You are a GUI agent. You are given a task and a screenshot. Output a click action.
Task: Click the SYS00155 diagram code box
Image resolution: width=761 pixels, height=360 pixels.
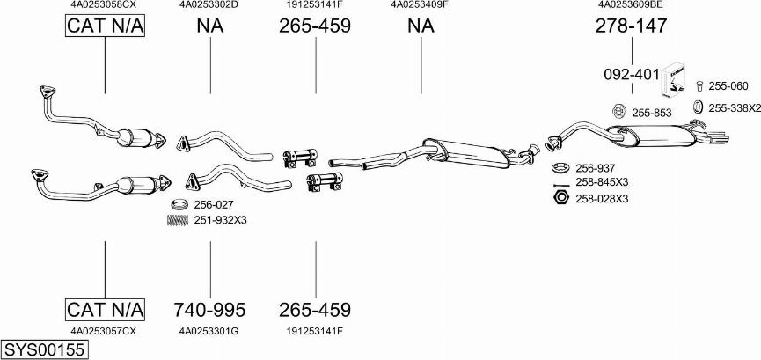tap(45, 349)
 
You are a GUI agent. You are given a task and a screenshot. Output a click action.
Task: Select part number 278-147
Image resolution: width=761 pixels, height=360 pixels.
tap(632, 26)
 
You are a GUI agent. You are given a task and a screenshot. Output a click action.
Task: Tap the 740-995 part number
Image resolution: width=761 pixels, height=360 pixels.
tap(209, 310)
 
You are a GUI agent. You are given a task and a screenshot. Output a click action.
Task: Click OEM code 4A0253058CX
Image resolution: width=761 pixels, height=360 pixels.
tap(104, 5)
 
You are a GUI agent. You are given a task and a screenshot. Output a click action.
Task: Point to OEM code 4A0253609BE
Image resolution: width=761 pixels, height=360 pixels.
tap(631, 5)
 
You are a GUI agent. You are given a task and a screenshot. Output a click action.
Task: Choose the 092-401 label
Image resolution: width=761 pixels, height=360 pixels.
tap(632, 74)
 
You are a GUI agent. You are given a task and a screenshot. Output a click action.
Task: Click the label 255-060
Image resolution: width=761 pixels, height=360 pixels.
tap(728, 86)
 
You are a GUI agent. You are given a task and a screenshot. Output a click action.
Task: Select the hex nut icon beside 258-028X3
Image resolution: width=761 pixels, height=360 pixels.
tap(561, 198)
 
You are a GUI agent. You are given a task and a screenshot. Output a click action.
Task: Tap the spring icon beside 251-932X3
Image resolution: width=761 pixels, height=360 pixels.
tap(178, 220)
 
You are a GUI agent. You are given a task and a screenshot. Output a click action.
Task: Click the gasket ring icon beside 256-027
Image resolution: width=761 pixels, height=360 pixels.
tap(179, 203)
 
